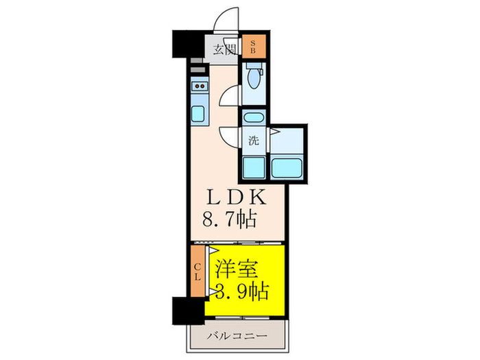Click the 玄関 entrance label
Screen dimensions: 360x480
(x=224, y=49)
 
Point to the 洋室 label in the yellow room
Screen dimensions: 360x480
(x=238, y=267)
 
